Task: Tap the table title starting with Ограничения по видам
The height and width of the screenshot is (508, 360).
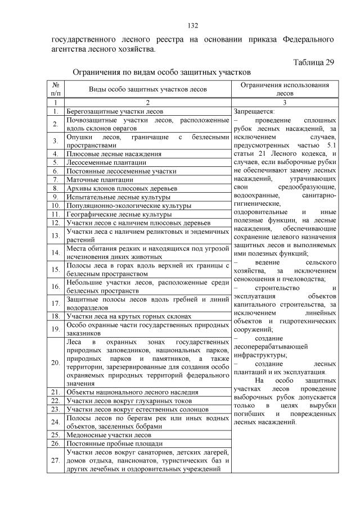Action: [161, 72]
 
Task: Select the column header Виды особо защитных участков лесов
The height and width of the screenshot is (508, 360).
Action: [148, 89]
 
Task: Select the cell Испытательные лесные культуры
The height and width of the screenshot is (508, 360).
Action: [118, 197]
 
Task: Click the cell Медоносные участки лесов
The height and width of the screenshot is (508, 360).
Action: [109, 435]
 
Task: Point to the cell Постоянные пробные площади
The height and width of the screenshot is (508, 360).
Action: [111, 444]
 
